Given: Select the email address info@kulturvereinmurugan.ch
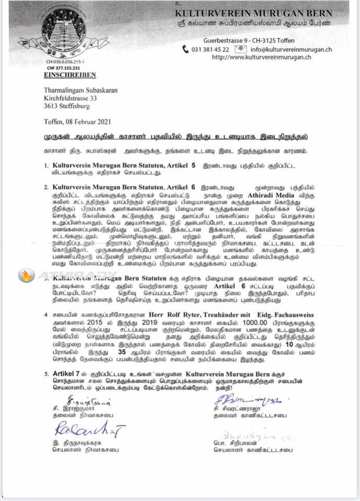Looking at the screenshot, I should (291, 50).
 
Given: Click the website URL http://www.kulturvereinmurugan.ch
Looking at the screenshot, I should (272, 57).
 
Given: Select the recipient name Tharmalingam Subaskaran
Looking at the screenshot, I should (80, 90).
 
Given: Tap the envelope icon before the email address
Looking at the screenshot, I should (241, 49).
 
